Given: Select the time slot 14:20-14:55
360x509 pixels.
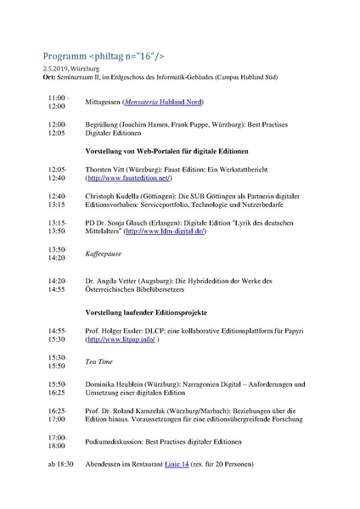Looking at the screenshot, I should [x=57, y=284].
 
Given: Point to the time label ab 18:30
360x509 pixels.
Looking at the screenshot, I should [x=60, y=464].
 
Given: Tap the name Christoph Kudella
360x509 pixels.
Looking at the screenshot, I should [x=117, y=195].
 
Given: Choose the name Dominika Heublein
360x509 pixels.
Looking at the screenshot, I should [x=119, y=384].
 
